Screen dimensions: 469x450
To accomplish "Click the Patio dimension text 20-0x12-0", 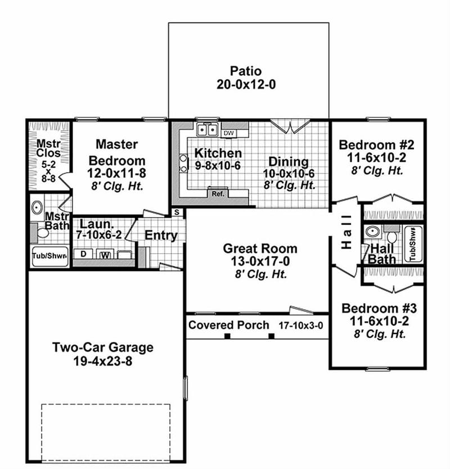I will click(x=246, y=85).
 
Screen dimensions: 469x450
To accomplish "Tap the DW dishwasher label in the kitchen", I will click(x=228, y=133).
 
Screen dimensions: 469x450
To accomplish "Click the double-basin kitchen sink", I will click(x=206, y=130).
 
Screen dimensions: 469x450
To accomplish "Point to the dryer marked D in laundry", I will click(x=84, y=254).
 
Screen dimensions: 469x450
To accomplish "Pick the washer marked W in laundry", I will click(x=105, y=255).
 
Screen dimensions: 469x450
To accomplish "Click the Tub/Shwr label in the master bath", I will click(x=49, y=256).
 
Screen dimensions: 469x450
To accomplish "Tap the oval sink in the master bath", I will click(x=37, y=208).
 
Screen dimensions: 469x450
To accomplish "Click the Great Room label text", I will click(x=260, y=248).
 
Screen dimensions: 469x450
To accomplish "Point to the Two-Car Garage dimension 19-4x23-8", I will click(x=102, y=362).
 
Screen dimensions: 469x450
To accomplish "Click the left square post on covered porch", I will click(x=227, y=336).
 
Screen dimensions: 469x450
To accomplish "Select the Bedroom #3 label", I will click(x=379, y=308).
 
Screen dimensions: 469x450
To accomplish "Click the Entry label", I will click(x=161, y=236).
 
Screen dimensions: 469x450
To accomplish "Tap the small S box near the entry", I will click(x=177, y=212).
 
